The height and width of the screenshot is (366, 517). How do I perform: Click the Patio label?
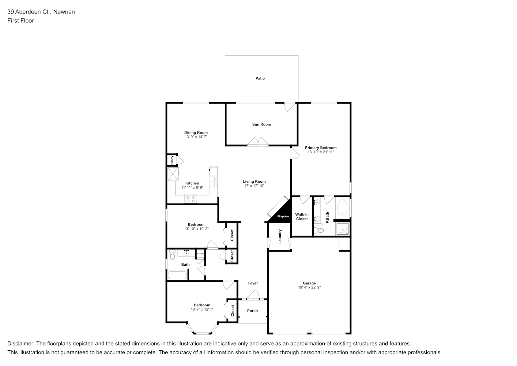(x=260, y=79)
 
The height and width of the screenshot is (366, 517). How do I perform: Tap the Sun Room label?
(x=261, y=124)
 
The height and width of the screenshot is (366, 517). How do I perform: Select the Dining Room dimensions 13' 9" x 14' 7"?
(x=196, y=137)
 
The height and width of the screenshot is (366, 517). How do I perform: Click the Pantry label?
(x=172, y=160)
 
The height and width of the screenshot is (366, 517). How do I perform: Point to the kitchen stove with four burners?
(x=191, y=199)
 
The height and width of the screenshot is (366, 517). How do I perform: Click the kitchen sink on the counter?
(x=213, y=182)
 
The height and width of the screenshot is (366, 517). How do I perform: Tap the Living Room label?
(x=254, y=182)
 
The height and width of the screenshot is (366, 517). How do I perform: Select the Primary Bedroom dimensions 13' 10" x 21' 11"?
(x=321, y=152)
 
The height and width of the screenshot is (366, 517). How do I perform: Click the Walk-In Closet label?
(x=302, y=217)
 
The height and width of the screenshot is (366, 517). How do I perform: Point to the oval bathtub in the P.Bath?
(x=342, y=208)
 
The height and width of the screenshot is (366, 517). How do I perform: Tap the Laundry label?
(x=280, y=236)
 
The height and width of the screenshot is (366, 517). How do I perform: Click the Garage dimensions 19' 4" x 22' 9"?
(x=309, y=287)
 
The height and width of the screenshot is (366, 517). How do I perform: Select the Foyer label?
(x=253, y=283)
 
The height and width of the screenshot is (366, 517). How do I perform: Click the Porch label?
(x=252, y=311)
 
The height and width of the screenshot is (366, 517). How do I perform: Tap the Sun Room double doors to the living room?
(x=258, y=142)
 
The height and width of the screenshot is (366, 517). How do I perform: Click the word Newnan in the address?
(x=64, y=12)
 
